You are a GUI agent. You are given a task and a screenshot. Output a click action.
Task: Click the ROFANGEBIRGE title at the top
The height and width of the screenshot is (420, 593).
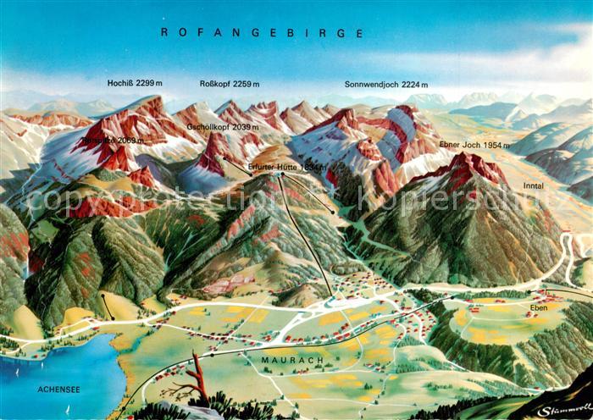(x=262, y=33)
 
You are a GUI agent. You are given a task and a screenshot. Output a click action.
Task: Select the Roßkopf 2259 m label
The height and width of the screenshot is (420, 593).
(x=229, y=84)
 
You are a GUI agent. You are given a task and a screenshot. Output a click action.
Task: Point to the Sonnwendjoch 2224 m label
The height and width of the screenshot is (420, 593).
(x=386, y=85)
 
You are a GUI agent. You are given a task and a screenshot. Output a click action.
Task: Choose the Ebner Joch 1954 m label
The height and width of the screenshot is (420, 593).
(x=474, y=145)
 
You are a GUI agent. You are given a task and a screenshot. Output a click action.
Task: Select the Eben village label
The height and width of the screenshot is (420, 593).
(x=540, y=307)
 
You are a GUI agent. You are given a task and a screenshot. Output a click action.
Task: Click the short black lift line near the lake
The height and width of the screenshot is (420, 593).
(x=108, y=307)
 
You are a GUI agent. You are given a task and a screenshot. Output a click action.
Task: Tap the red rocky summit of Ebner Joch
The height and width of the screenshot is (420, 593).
(x=466, y=165)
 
